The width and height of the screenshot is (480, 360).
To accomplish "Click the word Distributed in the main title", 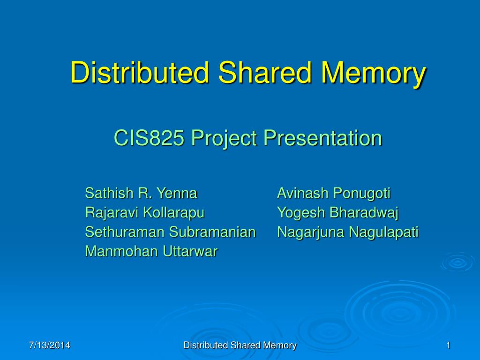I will tap(139, 73).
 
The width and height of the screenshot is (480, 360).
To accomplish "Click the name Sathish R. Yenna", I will tap(141, 193).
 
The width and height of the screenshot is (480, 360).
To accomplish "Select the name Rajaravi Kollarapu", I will tap(145, 212).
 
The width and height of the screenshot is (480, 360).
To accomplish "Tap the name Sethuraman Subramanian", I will tap(170, 232).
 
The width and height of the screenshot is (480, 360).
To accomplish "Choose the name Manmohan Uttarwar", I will tap(151, 251).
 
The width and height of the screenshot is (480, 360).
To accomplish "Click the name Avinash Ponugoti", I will tap(334, 193).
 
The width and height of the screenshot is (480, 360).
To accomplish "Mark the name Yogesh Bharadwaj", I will tap(337, 212).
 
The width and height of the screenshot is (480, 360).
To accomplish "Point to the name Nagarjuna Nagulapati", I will tap(347, 232).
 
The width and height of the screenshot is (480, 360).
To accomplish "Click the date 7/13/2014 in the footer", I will tap(49, 345).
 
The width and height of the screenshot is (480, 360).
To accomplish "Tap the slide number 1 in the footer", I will tap(448, 345).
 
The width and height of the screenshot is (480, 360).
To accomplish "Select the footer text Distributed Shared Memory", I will tap(240, 345).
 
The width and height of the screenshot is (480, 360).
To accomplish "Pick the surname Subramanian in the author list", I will tap(212, 232).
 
